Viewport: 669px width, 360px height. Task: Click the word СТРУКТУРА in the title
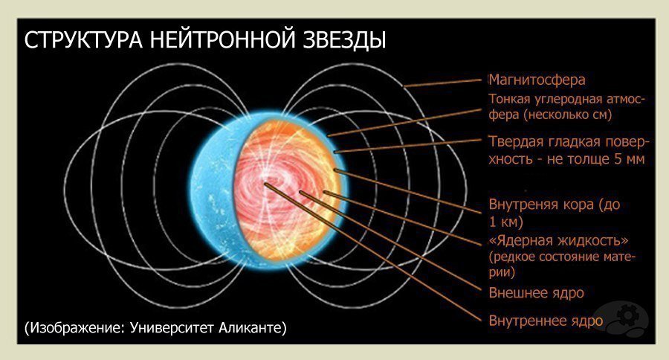pyautogui.click(x=83, y=40)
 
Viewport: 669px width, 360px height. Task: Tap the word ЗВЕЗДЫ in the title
pyautogui.click(x=345, y=40)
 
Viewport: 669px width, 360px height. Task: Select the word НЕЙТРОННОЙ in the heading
pyautogui.click(x=223, y=40)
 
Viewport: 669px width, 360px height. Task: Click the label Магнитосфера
pyautogui.click(x=537, y=80)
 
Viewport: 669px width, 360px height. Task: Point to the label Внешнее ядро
pyautogui.click(x=536, y=293)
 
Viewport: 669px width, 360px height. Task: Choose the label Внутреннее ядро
pyautogui.click(x=546, y=321)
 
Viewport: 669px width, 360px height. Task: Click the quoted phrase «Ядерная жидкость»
pyautogui.click(x=558, y=240)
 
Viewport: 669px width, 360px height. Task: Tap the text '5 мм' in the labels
pyautogui.click(x=630, y=159)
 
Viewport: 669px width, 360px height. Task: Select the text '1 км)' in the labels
pyautogui.click(x=505, y=222)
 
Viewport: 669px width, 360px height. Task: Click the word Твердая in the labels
pyautogui.click(x=515, y=141)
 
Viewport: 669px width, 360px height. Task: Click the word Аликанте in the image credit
pyautogui.click(x=253, y=327)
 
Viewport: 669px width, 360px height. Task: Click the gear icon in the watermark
pyautogui.click(x=627, y=315)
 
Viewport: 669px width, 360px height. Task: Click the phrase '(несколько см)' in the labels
pyautogui.click(x=567, y=115)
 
